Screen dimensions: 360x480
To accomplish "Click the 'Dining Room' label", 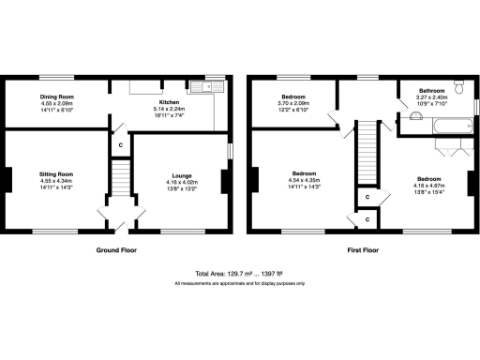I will (x=57, y=96).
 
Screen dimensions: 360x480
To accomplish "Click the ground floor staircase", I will (x=119, y=177).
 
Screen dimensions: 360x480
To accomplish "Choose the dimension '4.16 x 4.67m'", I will (x=429, y=185).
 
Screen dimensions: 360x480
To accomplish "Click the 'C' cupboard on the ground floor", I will (x=119, y=145).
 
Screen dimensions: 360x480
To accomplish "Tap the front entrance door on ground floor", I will (x=120, y=225).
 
